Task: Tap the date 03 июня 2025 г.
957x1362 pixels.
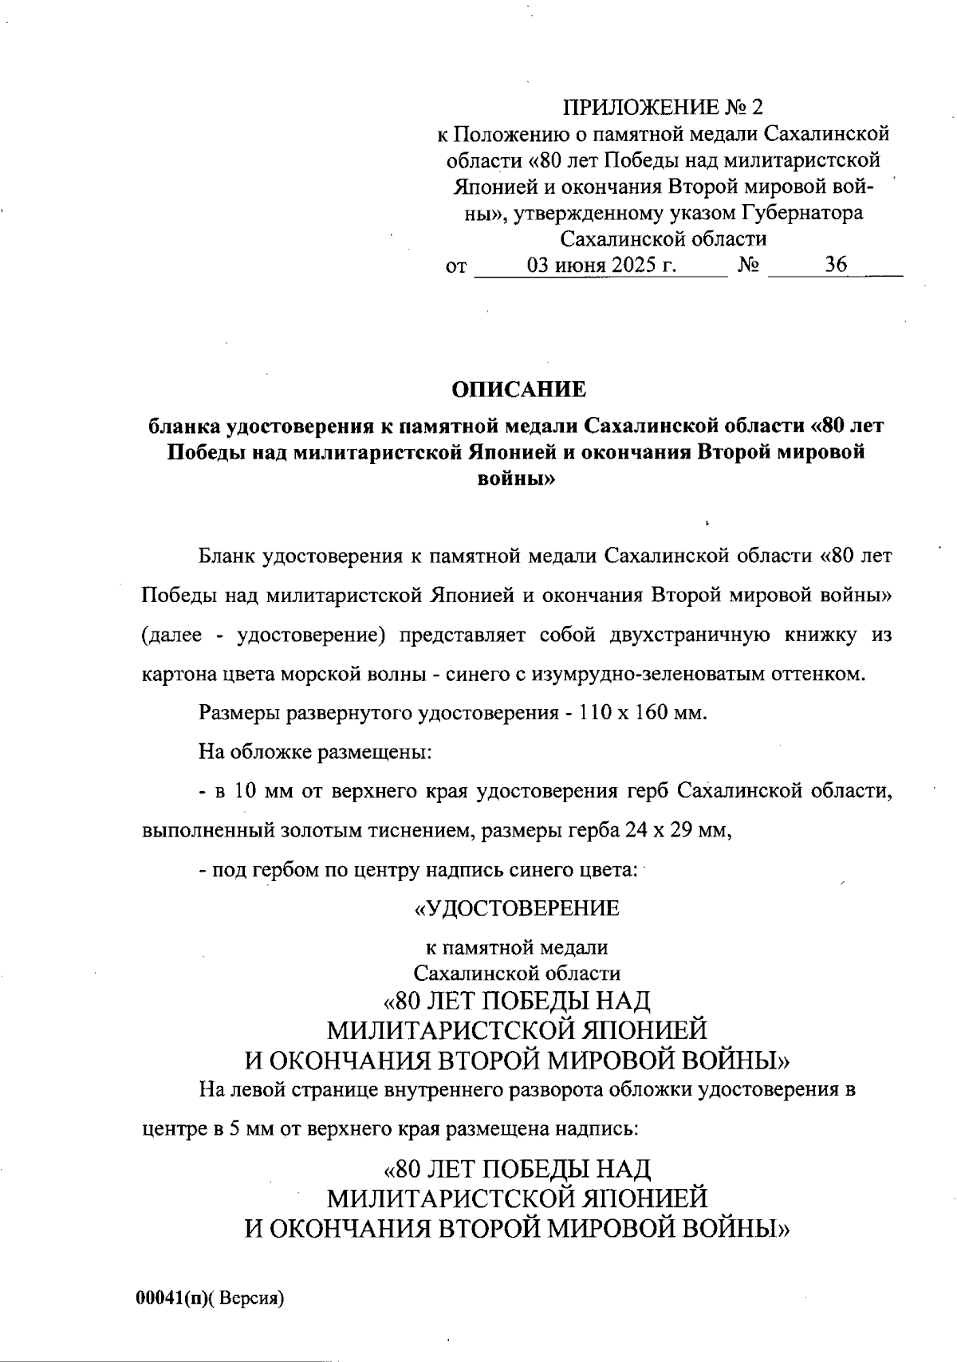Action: tap(602, 266)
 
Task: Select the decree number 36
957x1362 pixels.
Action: tap(836, 266)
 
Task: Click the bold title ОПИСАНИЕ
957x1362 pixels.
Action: tap(518, 390)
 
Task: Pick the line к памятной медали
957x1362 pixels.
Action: tap(517, 947)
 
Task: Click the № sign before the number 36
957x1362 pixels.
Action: tap(747, 266)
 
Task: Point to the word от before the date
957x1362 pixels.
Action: tap(455, 267)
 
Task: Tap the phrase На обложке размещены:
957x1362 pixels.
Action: tap(316, 751)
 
